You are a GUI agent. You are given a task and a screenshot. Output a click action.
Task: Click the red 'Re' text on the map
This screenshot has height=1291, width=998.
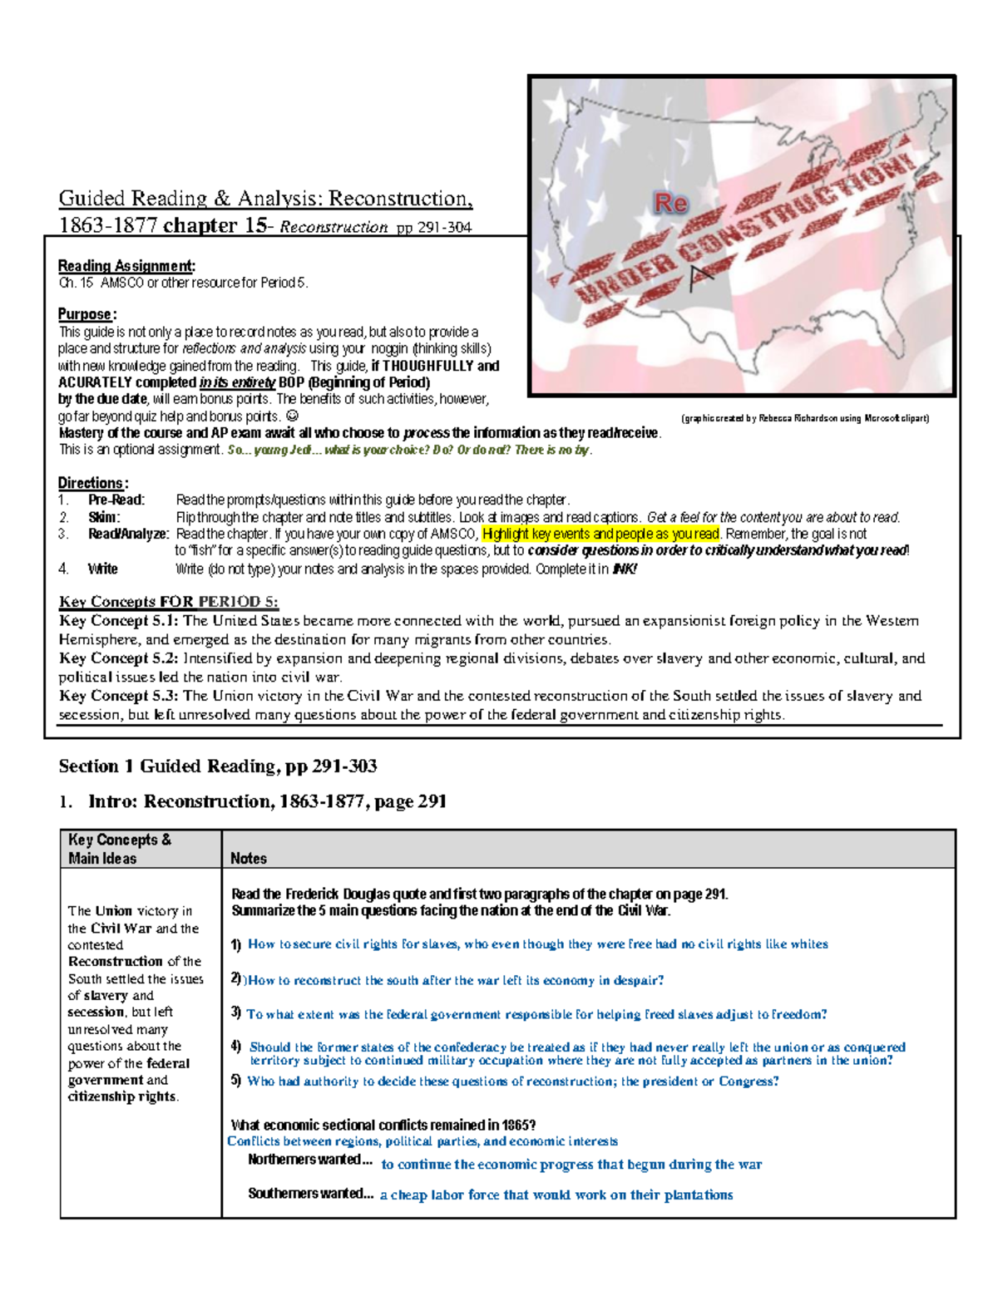(x=670, y=203)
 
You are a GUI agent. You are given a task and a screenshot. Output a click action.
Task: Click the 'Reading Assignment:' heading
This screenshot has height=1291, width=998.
(x=126, y=266)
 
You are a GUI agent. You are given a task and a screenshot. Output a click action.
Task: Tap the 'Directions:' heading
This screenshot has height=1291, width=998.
(x=92, y=483)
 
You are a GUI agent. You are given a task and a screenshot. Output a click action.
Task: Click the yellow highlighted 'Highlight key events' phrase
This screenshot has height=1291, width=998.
(x=600, y=534)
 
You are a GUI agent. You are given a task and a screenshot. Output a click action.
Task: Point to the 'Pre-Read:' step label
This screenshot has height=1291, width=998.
(x=116, y=500)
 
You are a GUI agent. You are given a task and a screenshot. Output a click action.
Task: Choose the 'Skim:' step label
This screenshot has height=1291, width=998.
(x=104, y=517)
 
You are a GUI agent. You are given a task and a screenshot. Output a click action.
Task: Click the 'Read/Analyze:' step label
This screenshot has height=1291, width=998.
(x=128, y=534)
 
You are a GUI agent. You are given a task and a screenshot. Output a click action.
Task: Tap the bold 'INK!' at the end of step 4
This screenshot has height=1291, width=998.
(x=624, y=569)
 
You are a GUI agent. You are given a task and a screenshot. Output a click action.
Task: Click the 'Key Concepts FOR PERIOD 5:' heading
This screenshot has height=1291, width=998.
(x=168, y=602)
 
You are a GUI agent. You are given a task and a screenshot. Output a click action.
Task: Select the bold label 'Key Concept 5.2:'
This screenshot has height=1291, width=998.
(x=118, y=658)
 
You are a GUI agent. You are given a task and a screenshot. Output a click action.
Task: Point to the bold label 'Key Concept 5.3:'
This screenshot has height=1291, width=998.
(x=118, y=696)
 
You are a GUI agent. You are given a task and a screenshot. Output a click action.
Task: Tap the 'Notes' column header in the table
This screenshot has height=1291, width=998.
(x=249, y=858)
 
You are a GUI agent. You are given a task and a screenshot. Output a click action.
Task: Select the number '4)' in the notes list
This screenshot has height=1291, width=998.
(x=236, y=1047)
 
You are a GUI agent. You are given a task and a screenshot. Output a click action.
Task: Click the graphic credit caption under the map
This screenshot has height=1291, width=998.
(x=804, y=418)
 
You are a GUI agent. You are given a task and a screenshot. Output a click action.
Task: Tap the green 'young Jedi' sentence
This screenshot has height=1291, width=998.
(x=409, y=450)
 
